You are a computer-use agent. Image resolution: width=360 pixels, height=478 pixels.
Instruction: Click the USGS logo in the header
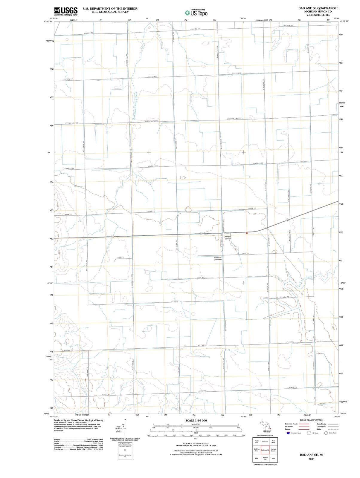66,11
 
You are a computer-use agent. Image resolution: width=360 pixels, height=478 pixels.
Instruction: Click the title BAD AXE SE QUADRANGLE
318,8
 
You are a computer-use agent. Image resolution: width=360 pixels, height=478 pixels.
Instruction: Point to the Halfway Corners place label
228,238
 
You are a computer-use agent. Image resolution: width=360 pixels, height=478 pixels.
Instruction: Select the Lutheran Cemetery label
218,258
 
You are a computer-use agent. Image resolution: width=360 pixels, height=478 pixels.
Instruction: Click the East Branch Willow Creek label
135,106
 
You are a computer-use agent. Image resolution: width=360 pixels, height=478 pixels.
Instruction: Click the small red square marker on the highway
247,233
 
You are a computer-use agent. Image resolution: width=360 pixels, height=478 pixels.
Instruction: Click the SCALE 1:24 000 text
196,420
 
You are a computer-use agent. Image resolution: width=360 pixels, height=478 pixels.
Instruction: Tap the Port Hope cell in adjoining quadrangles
273,442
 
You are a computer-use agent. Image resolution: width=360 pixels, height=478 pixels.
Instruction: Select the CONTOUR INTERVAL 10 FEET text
196,443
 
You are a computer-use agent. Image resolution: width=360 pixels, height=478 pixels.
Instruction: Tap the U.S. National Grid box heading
125,444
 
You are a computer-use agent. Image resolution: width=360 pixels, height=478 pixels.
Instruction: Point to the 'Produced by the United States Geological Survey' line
78,420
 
